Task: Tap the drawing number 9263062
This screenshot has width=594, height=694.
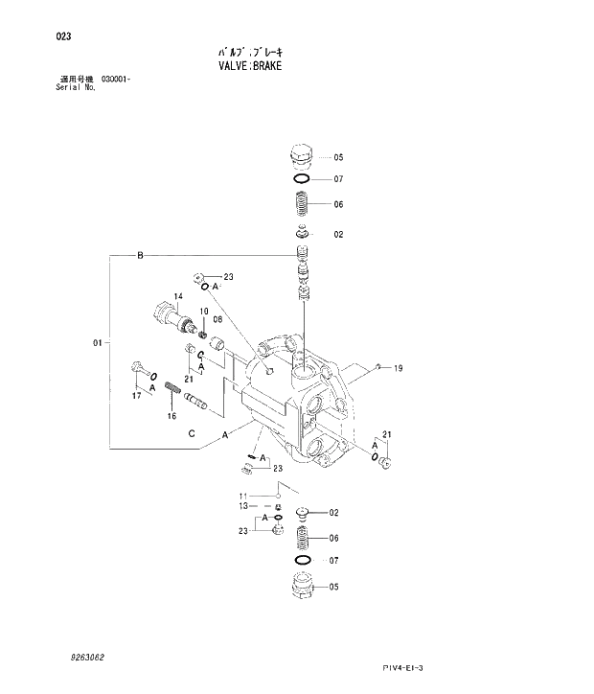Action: click(87, 657)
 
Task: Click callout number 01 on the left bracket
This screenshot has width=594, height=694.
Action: click(97, 342)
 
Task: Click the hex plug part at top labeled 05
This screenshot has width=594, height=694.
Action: click(299, 156)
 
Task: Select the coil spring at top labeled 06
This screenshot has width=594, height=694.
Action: click(300, 203)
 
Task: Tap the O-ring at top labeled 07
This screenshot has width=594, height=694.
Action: click(299, 179)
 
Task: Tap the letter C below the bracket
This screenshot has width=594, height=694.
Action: click(192, 433)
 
